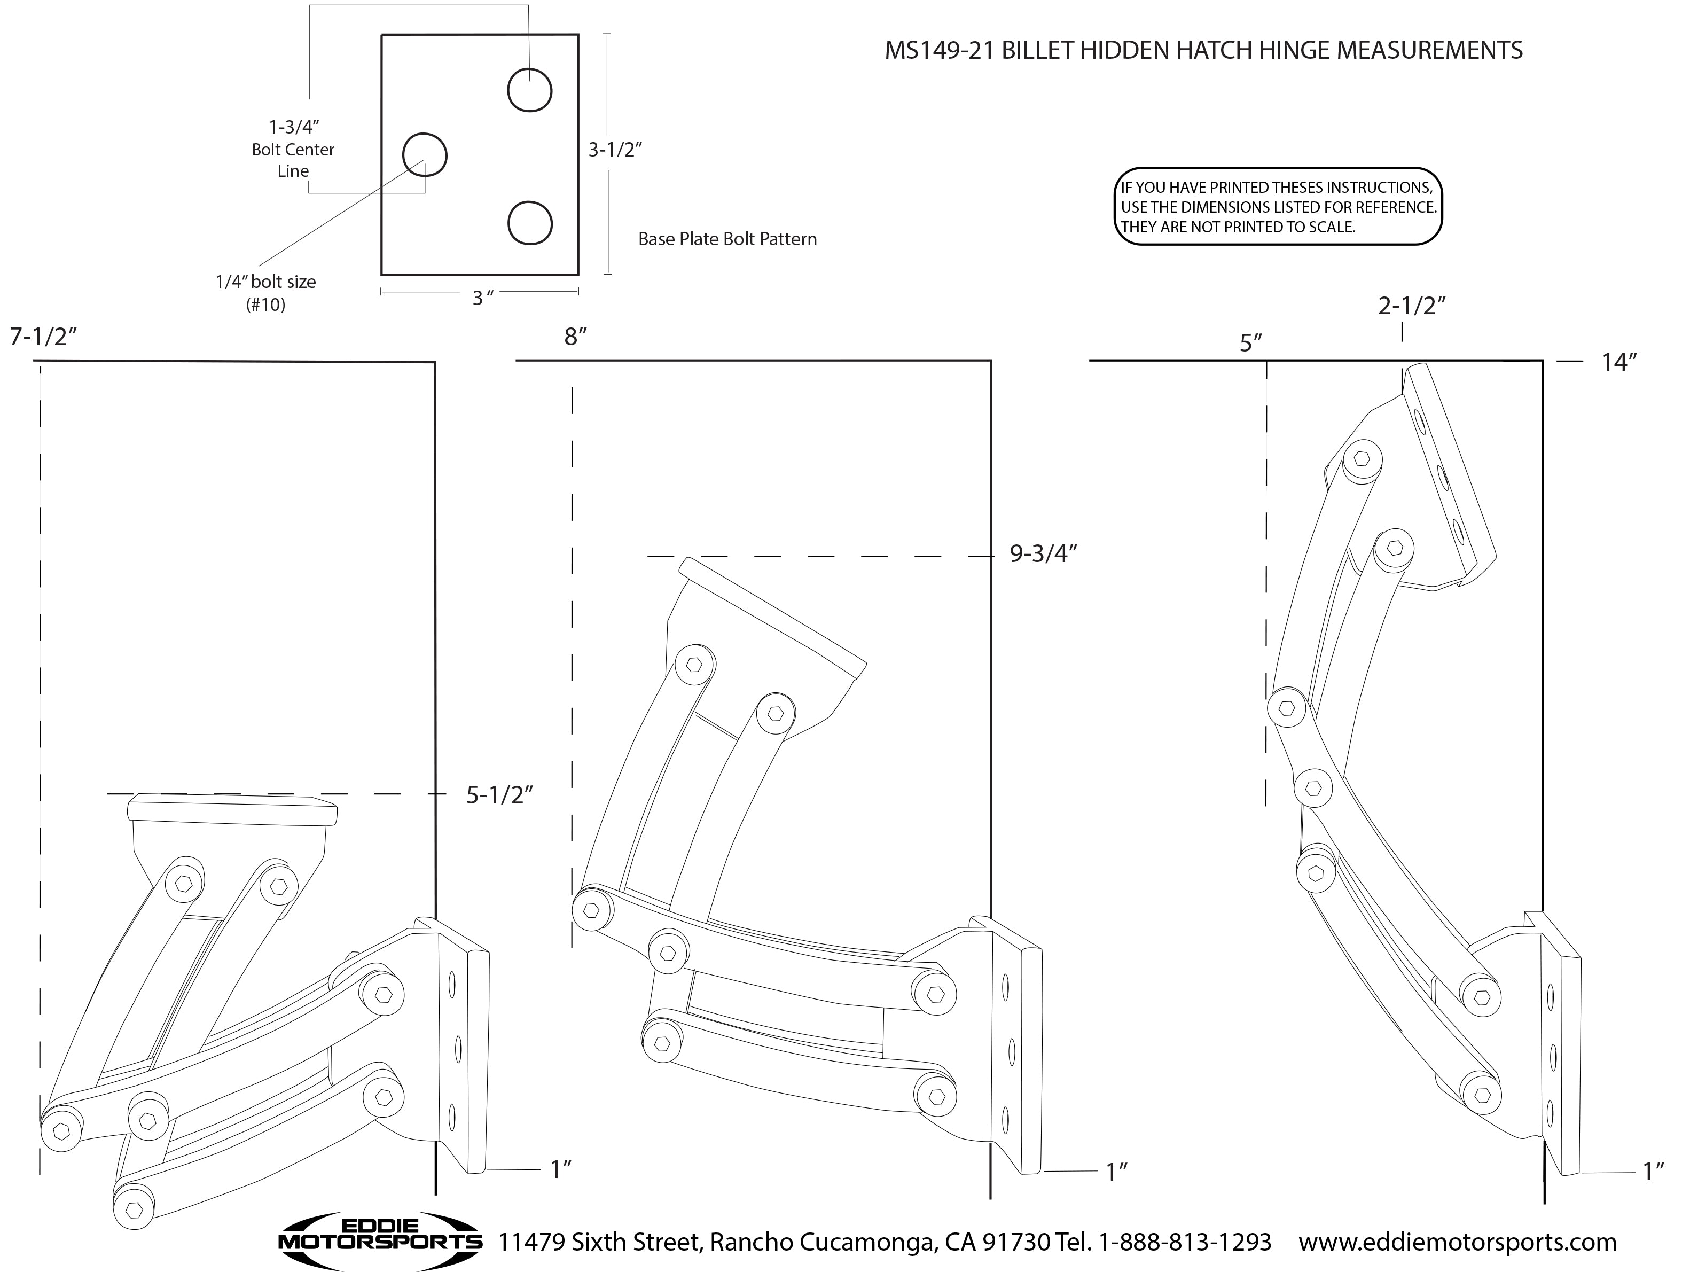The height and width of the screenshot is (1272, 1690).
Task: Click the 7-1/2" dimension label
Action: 44,337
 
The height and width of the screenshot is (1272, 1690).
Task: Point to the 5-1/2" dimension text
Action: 499,795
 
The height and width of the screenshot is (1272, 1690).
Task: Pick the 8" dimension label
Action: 575,337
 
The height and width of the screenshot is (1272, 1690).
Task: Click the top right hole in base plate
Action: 529,90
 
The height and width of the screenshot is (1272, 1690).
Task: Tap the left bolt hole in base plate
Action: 424,155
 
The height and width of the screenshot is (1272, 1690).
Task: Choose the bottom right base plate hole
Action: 529,223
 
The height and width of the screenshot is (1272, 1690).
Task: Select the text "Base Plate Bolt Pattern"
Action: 727,239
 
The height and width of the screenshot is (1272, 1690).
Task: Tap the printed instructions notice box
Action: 1278,206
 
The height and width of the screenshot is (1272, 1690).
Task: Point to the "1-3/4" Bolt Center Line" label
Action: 293,149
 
